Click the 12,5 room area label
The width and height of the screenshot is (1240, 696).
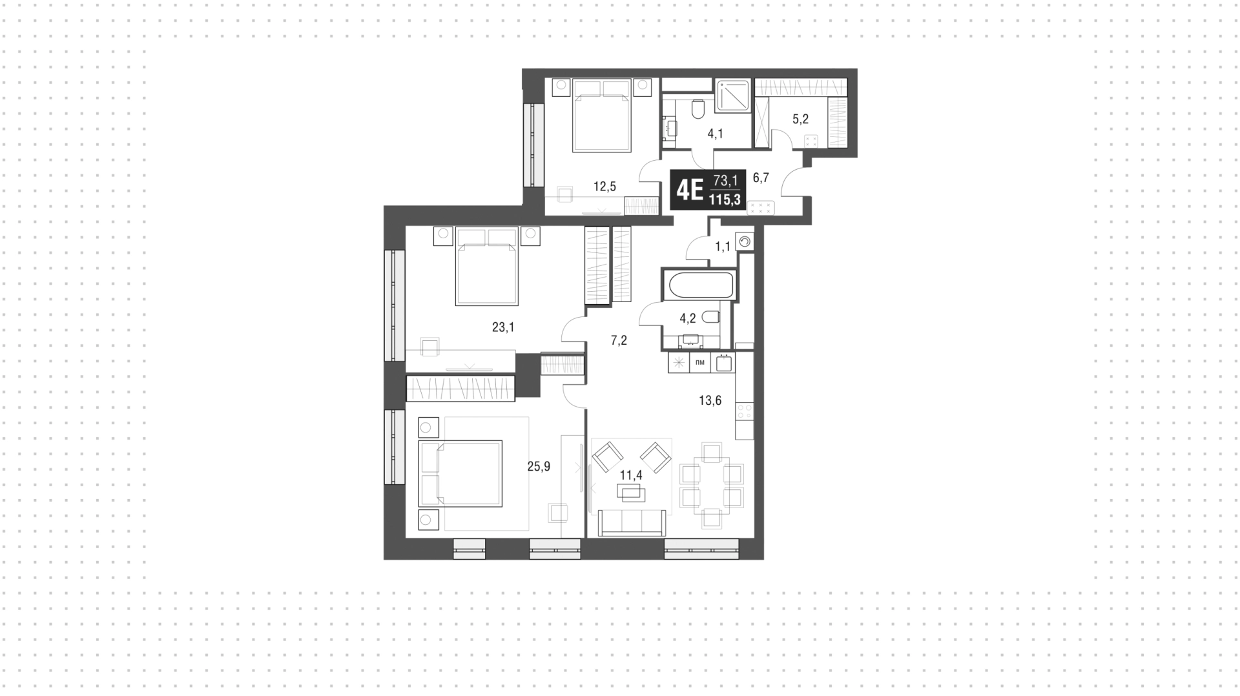[x=604, y=187]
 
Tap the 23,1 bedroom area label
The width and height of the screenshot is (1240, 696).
[x=503, y=327]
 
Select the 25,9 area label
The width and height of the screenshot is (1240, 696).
[x=539, y=466]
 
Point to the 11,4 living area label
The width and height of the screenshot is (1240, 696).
[x=631, y=476]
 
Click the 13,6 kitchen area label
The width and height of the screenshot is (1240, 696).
[x=710, y=401]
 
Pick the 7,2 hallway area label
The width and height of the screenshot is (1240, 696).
[x=619, y=341]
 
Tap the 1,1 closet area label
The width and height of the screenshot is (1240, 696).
[x=722, y=247]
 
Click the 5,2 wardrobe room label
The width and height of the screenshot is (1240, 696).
[x=800, y=119]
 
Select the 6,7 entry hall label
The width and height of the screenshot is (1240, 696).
[x=761, y=178]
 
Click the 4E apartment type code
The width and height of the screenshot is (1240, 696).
[x=688, y=190]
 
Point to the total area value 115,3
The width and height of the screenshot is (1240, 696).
[x=725, y=200]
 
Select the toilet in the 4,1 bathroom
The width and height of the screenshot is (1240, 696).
[x=697, y=110]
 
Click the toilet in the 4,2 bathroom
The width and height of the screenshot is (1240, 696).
[x=710, y=316]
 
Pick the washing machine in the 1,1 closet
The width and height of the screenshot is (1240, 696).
[x=745, y=241]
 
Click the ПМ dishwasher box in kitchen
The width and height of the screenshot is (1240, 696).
[x=699, y=363]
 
